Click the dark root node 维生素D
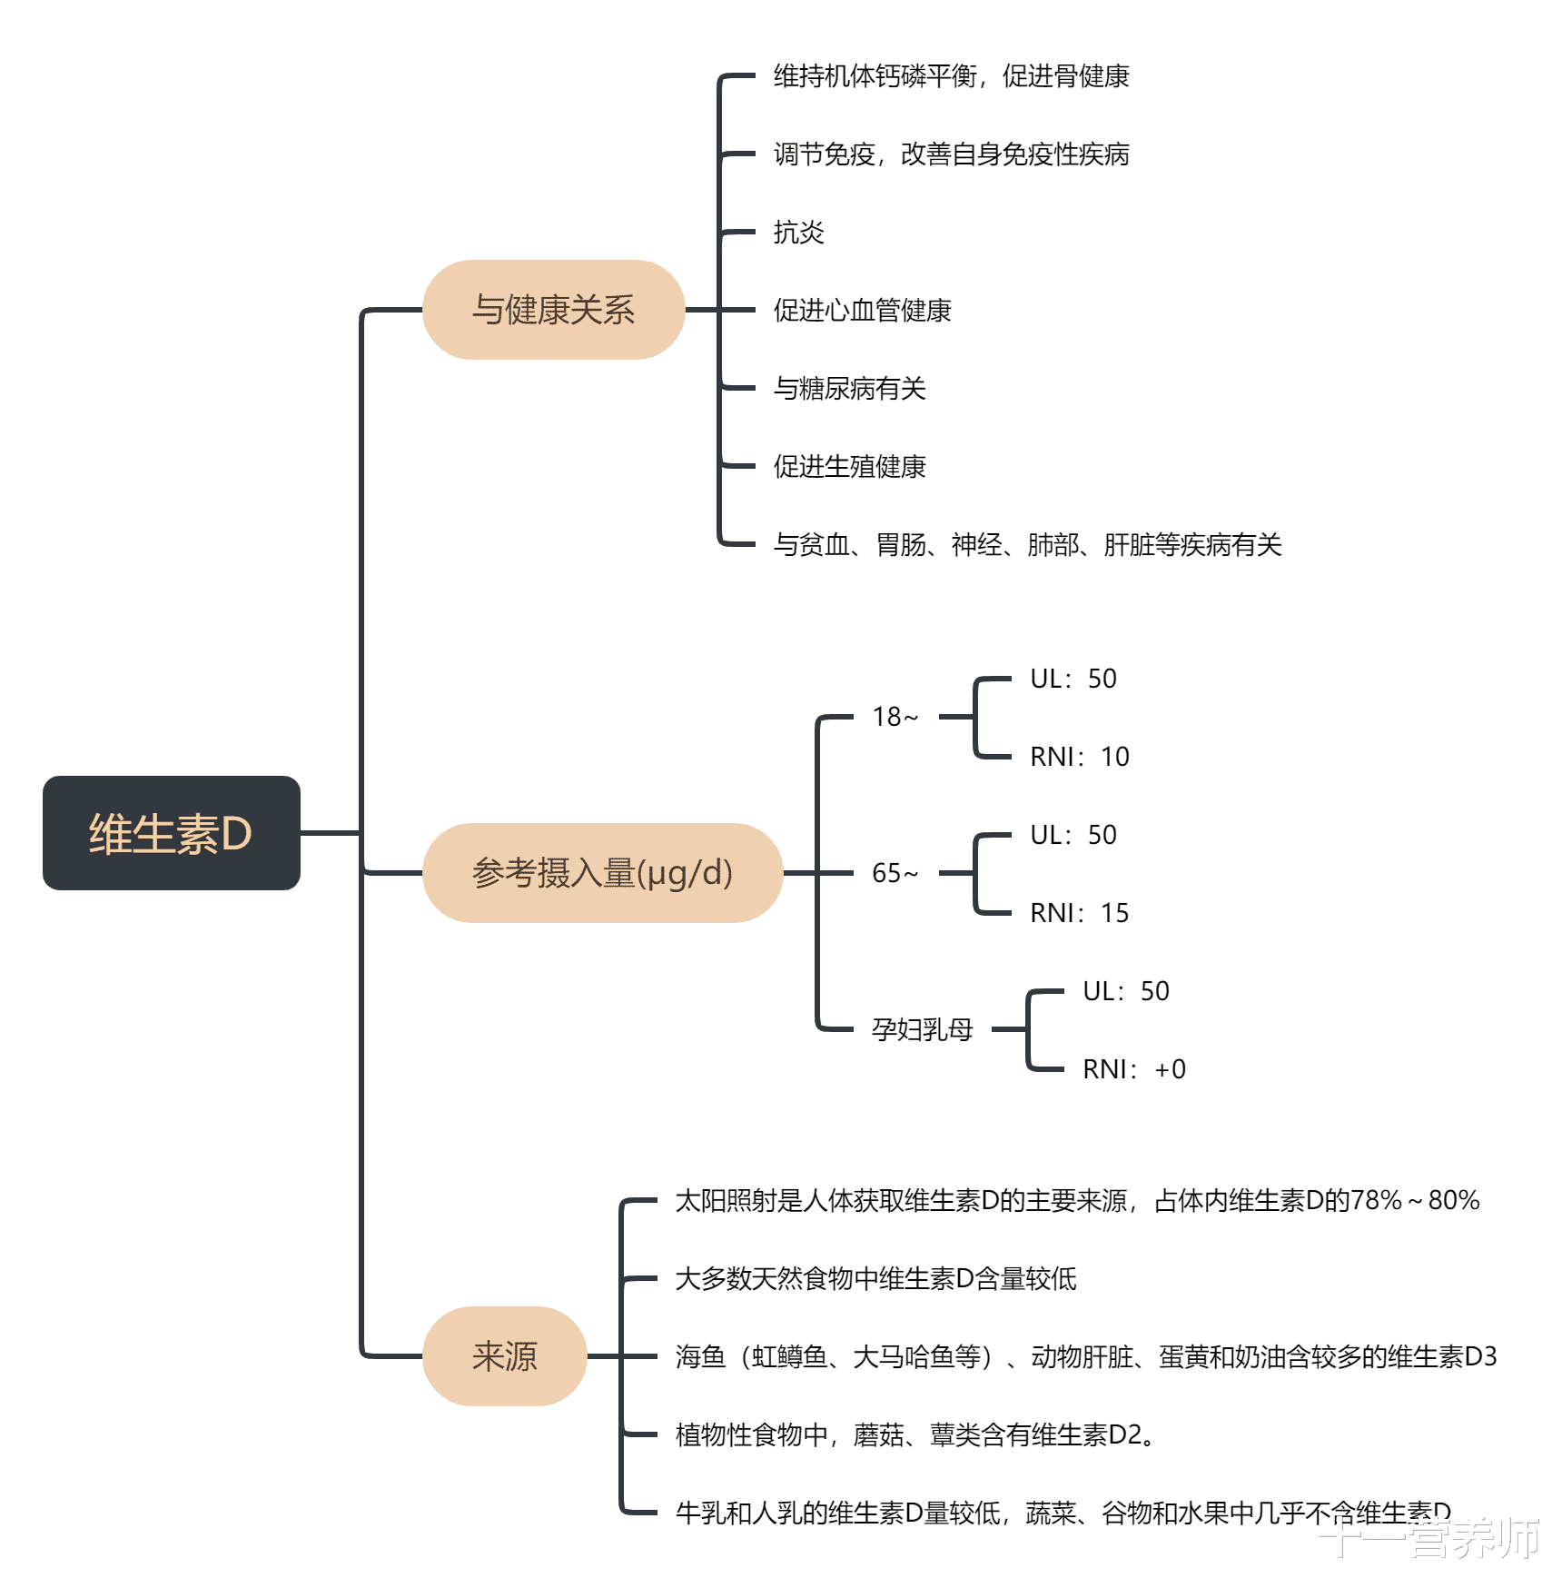coord(171,832)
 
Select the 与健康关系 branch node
coord(553,310)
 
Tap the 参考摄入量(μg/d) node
coord(602,873)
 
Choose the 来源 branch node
coord(504,1356)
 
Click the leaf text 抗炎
coord(798,233)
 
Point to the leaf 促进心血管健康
coord(862,311)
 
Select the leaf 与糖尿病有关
coord(849,389)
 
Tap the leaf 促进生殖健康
coord(849,467)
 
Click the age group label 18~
coord(895,717)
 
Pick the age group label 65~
coord(895,873)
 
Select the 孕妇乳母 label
coord(922,1029)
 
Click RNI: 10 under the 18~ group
coord(1079,757)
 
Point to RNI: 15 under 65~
coord(1079,913)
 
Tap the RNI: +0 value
coord(1133,1069)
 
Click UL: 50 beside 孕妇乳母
coord(1125,991)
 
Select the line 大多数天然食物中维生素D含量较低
coord(875,1279)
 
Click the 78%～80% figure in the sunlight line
coord(1415,1201)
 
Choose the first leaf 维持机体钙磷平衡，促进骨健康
coord(951,76)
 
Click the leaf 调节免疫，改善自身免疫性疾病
coord(951,154)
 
